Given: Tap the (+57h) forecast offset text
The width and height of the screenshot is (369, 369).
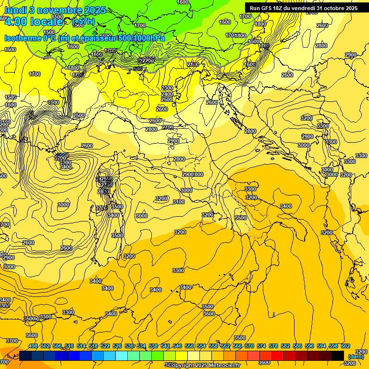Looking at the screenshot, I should click(x=83, y=22).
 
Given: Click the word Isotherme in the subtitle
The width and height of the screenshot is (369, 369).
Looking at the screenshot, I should click(x=23, y=38).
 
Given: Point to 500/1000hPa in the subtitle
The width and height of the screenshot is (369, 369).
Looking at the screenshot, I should click(x=145, y=38).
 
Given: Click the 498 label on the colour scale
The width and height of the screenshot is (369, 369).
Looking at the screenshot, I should click(x=33, y=346).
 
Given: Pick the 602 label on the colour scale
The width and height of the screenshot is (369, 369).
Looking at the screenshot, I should click(x=345, y=346).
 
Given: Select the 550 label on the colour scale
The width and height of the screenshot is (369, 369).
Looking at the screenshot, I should click(x=189, y=346).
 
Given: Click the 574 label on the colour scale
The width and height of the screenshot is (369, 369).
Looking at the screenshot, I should click(x=261, y=346).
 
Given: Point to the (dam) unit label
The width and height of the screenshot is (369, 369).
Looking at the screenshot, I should click(x=356, y=357).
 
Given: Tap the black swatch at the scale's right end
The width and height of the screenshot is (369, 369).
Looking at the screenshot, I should click(x=338, y=356).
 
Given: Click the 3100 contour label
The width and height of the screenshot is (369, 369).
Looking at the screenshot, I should click(x=178, y=202).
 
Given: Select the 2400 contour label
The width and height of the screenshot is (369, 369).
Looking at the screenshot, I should click(x=167, y=94).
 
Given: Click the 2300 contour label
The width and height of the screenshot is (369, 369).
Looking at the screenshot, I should click(x=167, y=88).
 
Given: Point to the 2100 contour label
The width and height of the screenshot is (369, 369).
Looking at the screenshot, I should click(x=193, y=64).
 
